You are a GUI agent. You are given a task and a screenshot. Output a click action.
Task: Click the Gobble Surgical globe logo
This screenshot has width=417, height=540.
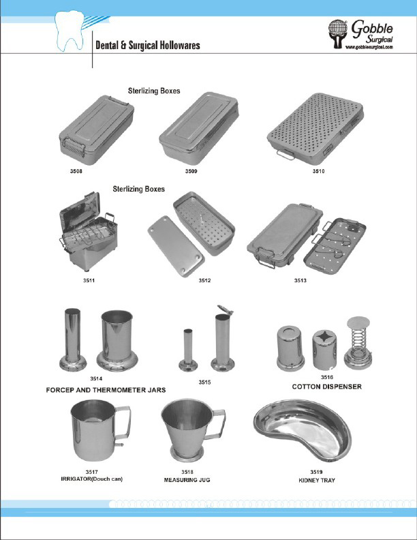(339, 35)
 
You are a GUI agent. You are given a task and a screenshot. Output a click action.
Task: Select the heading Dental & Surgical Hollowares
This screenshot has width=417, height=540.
(146, 46)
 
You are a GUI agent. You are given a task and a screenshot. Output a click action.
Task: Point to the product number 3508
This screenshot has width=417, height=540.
(76, 170)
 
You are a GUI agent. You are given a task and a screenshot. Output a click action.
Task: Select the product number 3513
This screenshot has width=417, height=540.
(300, 280)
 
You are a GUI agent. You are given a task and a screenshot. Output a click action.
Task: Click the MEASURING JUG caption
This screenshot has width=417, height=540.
(186, 480)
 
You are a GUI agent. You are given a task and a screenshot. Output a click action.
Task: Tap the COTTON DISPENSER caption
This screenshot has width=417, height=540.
(326, 387)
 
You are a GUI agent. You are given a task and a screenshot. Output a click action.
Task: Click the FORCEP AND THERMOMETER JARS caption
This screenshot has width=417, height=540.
(106, 390)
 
